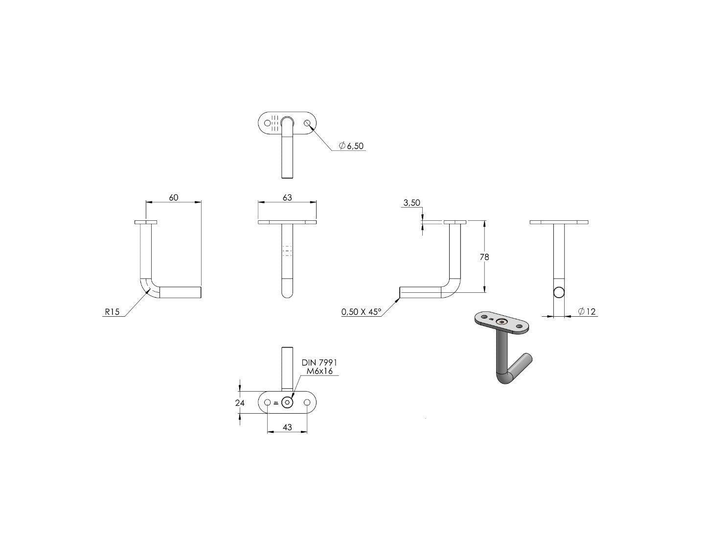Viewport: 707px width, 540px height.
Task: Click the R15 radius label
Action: pos(112,311)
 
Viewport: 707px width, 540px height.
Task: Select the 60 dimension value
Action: pos(174,197)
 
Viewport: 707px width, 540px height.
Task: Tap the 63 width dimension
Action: pos(287,197)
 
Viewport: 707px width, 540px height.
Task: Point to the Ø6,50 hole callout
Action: pos(351,146)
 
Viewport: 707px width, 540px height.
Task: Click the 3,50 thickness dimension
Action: pos(411,203)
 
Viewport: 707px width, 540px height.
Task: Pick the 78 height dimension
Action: pos(484,257)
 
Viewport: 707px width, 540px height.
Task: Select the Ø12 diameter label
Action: pos(587,311)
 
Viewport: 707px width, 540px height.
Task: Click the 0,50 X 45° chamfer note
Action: pos(361,312)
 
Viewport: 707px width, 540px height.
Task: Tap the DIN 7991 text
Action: pos(319,362)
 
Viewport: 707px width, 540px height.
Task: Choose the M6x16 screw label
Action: pos(319,371)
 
